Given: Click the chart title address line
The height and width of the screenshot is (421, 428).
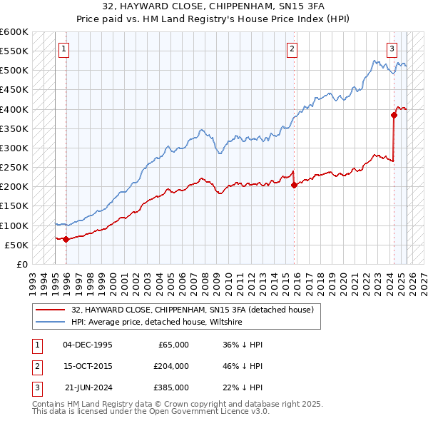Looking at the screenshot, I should [214, 6].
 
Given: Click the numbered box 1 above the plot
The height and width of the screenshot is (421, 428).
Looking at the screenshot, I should [64, 49].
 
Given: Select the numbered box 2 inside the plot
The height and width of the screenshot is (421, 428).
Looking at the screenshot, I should [292, 49].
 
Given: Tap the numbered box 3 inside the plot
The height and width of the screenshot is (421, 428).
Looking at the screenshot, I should [392, 49].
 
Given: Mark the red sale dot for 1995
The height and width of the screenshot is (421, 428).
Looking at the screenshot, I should [66, 239].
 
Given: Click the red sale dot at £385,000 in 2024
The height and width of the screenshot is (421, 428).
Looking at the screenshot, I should [394, 115].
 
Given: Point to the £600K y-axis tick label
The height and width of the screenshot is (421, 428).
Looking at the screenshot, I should [14, 32].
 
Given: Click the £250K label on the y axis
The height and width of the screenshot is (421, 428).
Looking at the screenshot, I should [14, 167].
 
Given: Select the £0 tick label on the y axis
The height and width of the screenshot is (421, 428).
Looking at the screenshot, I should [21, 264].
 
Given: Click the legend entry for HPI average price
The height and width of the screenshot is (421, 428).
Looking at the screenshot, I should [157, 323].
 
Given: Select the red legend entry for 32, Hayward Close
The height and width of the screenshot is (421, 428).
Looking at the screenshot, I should [193, 310].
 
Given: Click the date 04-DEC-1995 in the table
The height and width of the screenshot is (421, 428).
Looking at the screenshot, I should [88, 345].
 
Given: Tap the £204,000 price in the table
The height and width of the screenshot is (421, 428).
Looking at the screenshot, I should [171, 366].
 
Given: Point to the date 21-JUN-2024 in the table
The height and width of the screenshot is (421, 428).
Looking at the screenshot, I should [88, 387].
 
